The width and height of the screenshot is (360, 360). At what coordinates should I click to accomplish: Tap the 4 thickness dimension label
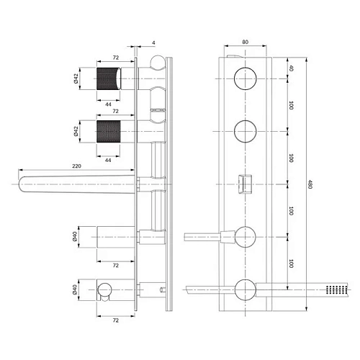point(153,42)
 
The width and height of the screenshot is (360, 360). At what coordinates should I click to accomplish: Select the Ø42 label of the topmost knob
point(76,79)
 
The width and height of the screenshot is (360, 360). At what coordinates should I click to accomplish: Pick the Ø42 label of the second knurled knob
point(76,131)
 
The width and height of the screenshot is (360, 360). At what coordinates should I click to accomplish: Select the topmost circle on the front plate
point(244,78)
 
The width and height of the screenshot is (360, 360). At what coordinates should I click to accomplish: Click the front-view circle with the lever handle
point(244,235)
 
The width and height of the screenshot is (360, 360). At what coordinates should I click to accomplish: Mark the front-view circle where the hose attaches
point(244,289)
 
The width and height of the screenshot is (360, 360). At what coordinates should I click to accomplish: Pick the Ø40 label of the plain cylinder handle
point(76,235)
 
